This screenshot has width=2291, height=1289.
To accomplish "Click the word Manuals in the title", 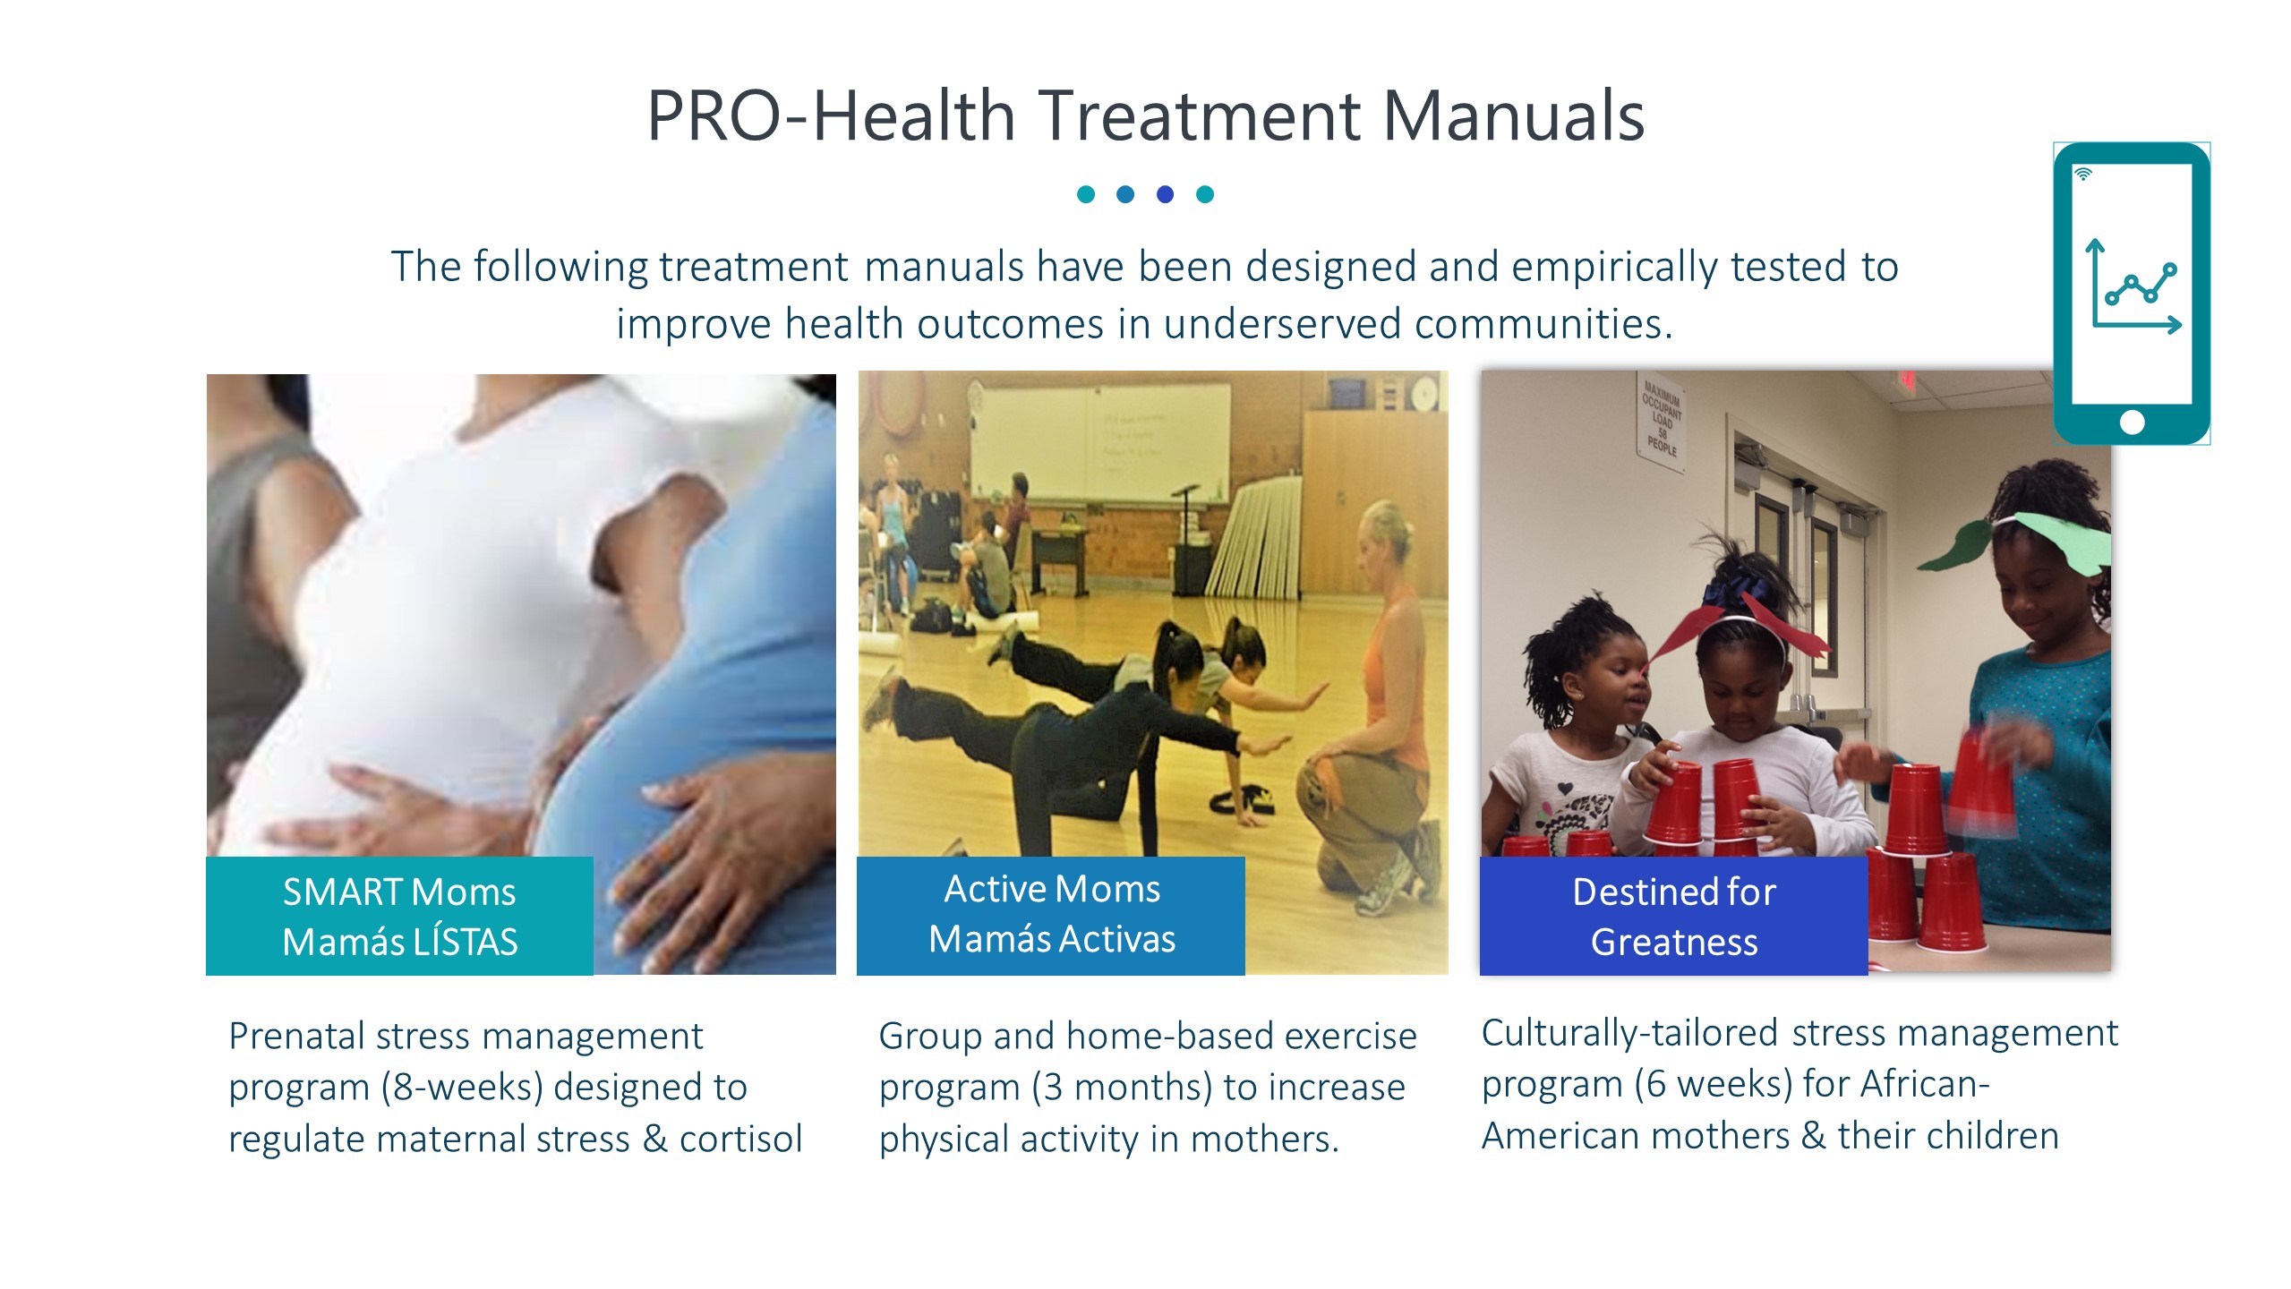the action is (1513, 115).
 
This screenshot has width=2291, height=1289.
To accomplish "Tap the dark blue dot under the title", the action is (1165, 194).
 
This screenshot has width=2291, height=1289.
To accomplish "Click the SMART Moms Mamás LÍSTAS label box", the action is (399, 916).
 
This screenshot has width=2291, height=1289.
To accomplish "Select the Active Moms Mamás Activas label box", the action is (1050, 915).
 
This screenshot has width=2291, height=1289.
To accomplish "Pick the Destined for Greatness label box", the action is (1673, 916).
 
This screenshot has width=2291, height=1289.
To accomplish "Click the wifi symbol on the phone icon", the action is (2083, 174).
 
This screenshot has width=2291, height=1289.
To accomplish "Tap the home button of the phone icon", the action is (2133, 423).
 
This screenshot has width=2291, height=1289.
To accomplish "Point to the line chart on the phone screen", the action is (2135, 286).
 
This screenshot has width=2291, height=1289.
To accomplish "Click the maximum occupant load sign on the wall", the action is (1662, 419).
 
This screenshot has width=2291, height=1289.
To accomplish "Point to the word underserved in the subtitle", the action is (1282, 323).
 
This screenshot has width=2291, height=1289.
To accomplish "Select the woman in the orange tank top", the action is (1370, 707).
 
